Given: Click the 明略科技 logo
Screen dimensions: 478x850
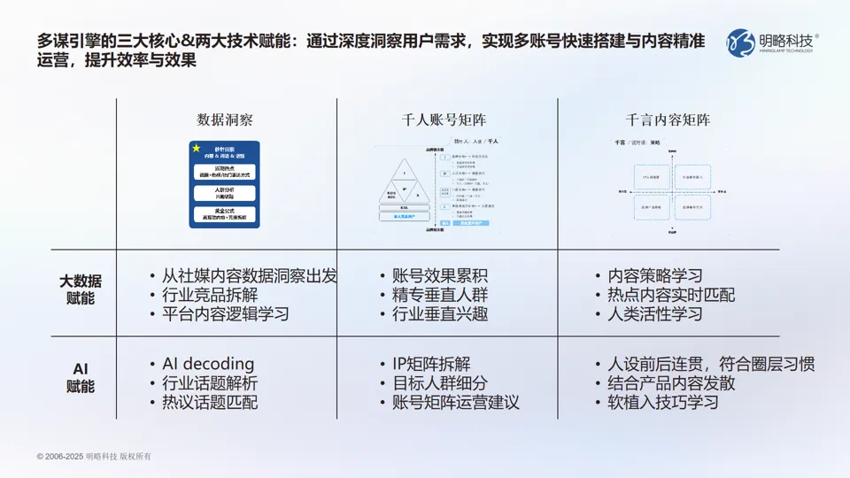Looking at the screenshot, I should [x=772, y=42].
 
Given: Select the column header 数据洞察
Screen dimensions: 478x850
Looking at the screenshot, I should [x=225, y=119].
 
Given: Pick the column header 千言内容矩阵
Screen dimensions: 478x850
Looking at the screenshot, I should [x=668, y=119].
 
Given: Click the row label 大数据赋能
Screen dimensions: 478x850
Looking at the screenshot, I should [x=81, y=290].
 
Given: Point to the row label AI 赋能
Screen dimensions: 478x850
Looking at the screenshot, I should [x=81, y=378].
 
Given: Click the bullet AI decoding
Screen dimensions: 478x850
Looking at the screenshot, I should [x=208, y=364].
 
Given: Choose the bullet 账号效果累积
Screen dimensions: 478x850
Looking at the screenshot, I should [x=440, y=276].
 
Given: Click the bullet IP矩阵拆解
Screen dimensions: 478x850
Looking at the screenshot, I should [x=431, y=364].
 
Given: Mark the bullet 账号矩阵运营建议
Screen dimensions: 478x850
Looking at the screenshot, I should [x=455, y=402].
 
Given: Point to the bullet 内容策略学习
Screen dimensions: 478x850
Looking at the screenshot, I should [x=657, y=276].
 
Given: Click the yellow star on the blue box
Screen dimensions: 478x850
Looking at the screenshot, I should [x=197, y=148].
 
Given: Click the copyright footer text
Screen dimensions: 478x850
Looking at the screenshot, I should [x=94, y=456].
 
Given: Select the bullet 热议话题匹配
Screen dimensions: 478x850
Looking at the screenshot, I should [x=210, y=402].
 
